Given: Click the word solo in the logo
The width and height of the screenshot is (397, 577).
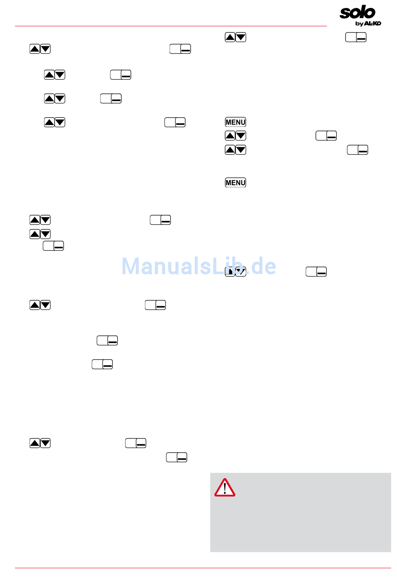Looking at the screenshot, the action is coord(357,12).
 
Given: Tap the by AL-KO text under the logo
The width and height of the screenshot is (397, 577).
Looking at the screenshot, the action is coord(368,23).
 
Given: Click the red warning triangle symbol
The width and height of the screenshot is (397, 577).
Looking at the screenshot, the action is coord(225,488).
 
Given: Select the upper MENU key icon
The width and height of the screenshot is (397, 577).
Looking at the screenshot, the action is coord(235,122).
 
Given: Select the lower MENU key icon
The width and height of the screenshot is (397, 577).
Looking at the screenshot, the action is coord(235,183).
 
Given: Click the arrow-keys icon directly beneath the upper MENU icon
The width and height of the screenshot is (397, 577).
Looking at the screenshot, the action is coord(235,136).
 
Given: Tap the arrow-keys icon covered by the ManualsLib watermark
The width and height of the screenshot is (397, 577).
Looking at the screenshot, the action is coord(235,272).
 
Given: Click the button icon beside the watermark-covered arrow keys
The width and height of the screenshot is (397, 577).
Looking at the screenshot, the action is coord(316,272).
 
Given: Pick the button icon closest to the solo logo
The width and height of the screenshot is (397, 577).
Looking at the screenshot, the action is coord(356,38).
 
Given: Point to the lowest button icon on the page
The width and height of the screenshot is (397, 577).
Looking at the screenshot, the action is coord(176,458).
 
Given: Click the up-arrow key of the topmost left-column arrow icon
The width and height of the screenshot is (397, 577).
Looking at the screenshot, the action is coord(35,49).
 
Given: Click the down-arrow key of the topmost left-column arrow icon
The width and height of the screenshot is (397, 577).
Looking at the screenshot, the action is coord(45,49).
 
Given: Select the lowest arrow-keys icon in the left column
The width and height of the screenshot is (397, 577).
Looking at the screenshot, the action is coord(40,443).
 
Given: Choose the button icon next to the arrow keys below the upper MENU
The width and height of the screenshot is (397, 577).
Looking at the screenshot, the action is coord(326,136).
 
